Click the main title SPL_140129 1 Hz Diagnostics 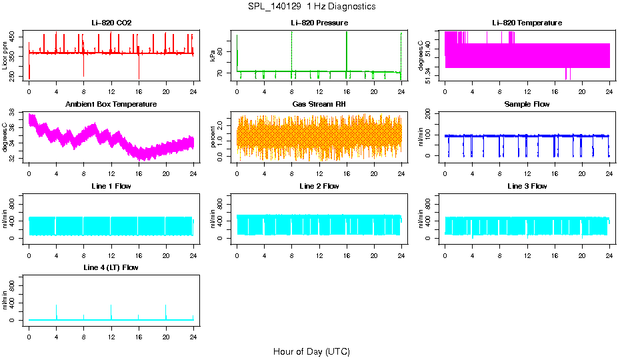tap(311, 6)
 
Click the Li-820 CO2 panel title tap(111, 23)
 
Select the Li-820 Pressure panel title tap(319, 23)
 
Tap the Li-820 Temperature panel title tap(527, 23)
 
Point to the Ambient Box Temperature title tap(111, 105)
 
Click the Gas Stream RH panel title tap(319, 105)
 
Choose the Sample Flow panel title tap(527, 105)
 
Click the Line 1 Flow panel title tap(111, 186)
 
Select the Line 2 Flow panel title tap(319, 186)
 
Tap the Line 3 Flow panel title tap(527, 186)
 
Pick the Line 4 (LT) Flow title tap(111, 267)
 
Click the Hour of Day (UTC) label tap(311, 351)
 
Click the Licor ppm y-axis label tap(5, 56)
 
